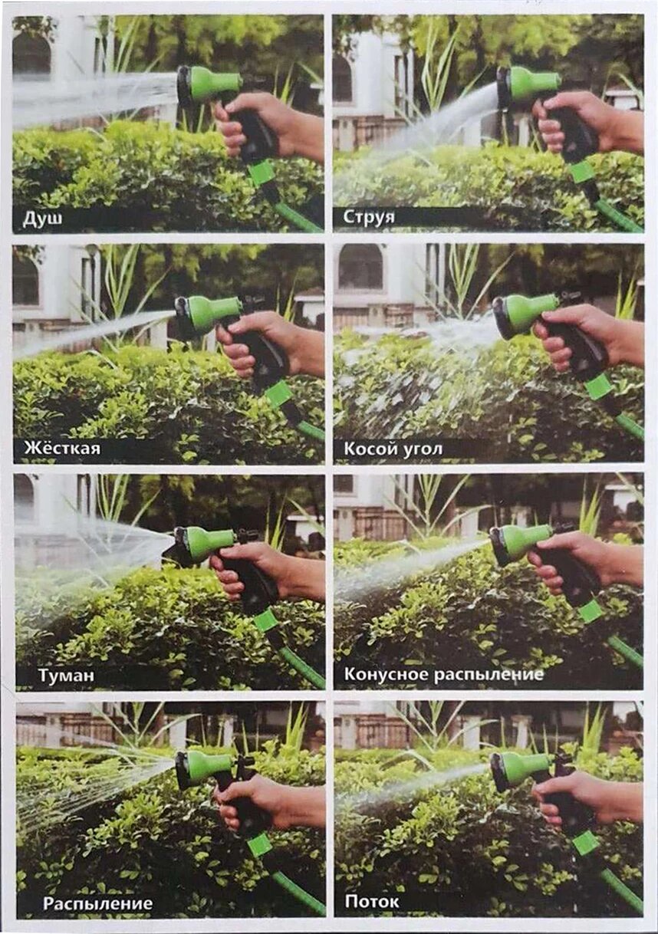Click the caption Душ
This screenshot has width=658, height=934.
(42, 218)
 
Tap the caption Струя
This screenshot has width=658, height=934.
(369, 218)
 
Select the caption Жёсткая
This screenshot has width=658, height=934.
(62, 449)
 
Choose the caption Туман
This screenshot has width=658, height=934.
(66, 675)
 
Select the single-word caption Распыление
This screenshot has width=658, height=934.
(97, 903)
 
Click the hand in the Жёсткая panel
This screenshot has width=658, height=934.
(267, 342)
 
